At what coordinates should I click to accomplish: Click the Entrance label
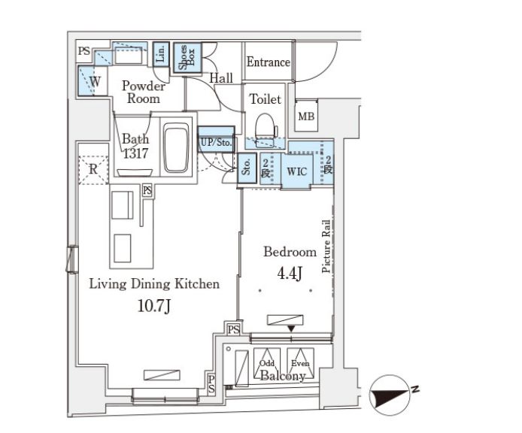[268, 62]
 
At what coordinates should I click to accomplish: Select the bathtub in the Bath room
[177, 147]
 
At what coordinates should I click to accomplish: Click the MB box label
[306, 117]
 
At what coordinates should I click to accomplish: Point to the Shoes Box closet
[187, 58]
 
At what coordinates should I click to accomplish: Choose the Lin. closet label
[161, 53]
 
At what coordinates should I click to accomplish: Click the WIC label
[297, 171]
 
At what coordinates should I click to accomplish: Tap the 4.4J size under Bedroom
[290, 273]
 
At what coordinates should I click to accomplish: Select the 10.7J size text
[153, 305]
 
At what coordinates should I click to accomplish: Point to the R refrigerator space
[93, 170]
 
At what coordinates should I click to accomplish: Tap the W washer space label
[95, 81]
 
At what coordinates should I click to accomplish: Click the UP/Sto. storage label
[217, 142]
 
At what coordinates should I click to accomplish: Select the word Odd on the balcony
[267, 363]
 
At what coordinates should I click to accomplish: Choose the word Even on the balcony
[300, 363]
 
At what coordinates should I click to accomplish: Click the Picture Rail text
[326, 247]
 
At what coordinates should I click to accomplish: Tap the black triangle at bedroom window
[291, 329]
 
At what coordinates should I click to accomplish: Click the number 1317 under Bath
[136, 153]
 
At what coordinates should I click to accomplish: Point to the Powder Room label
[144, 92]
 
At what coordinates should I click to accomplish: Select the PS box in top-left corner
[84, 51]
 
